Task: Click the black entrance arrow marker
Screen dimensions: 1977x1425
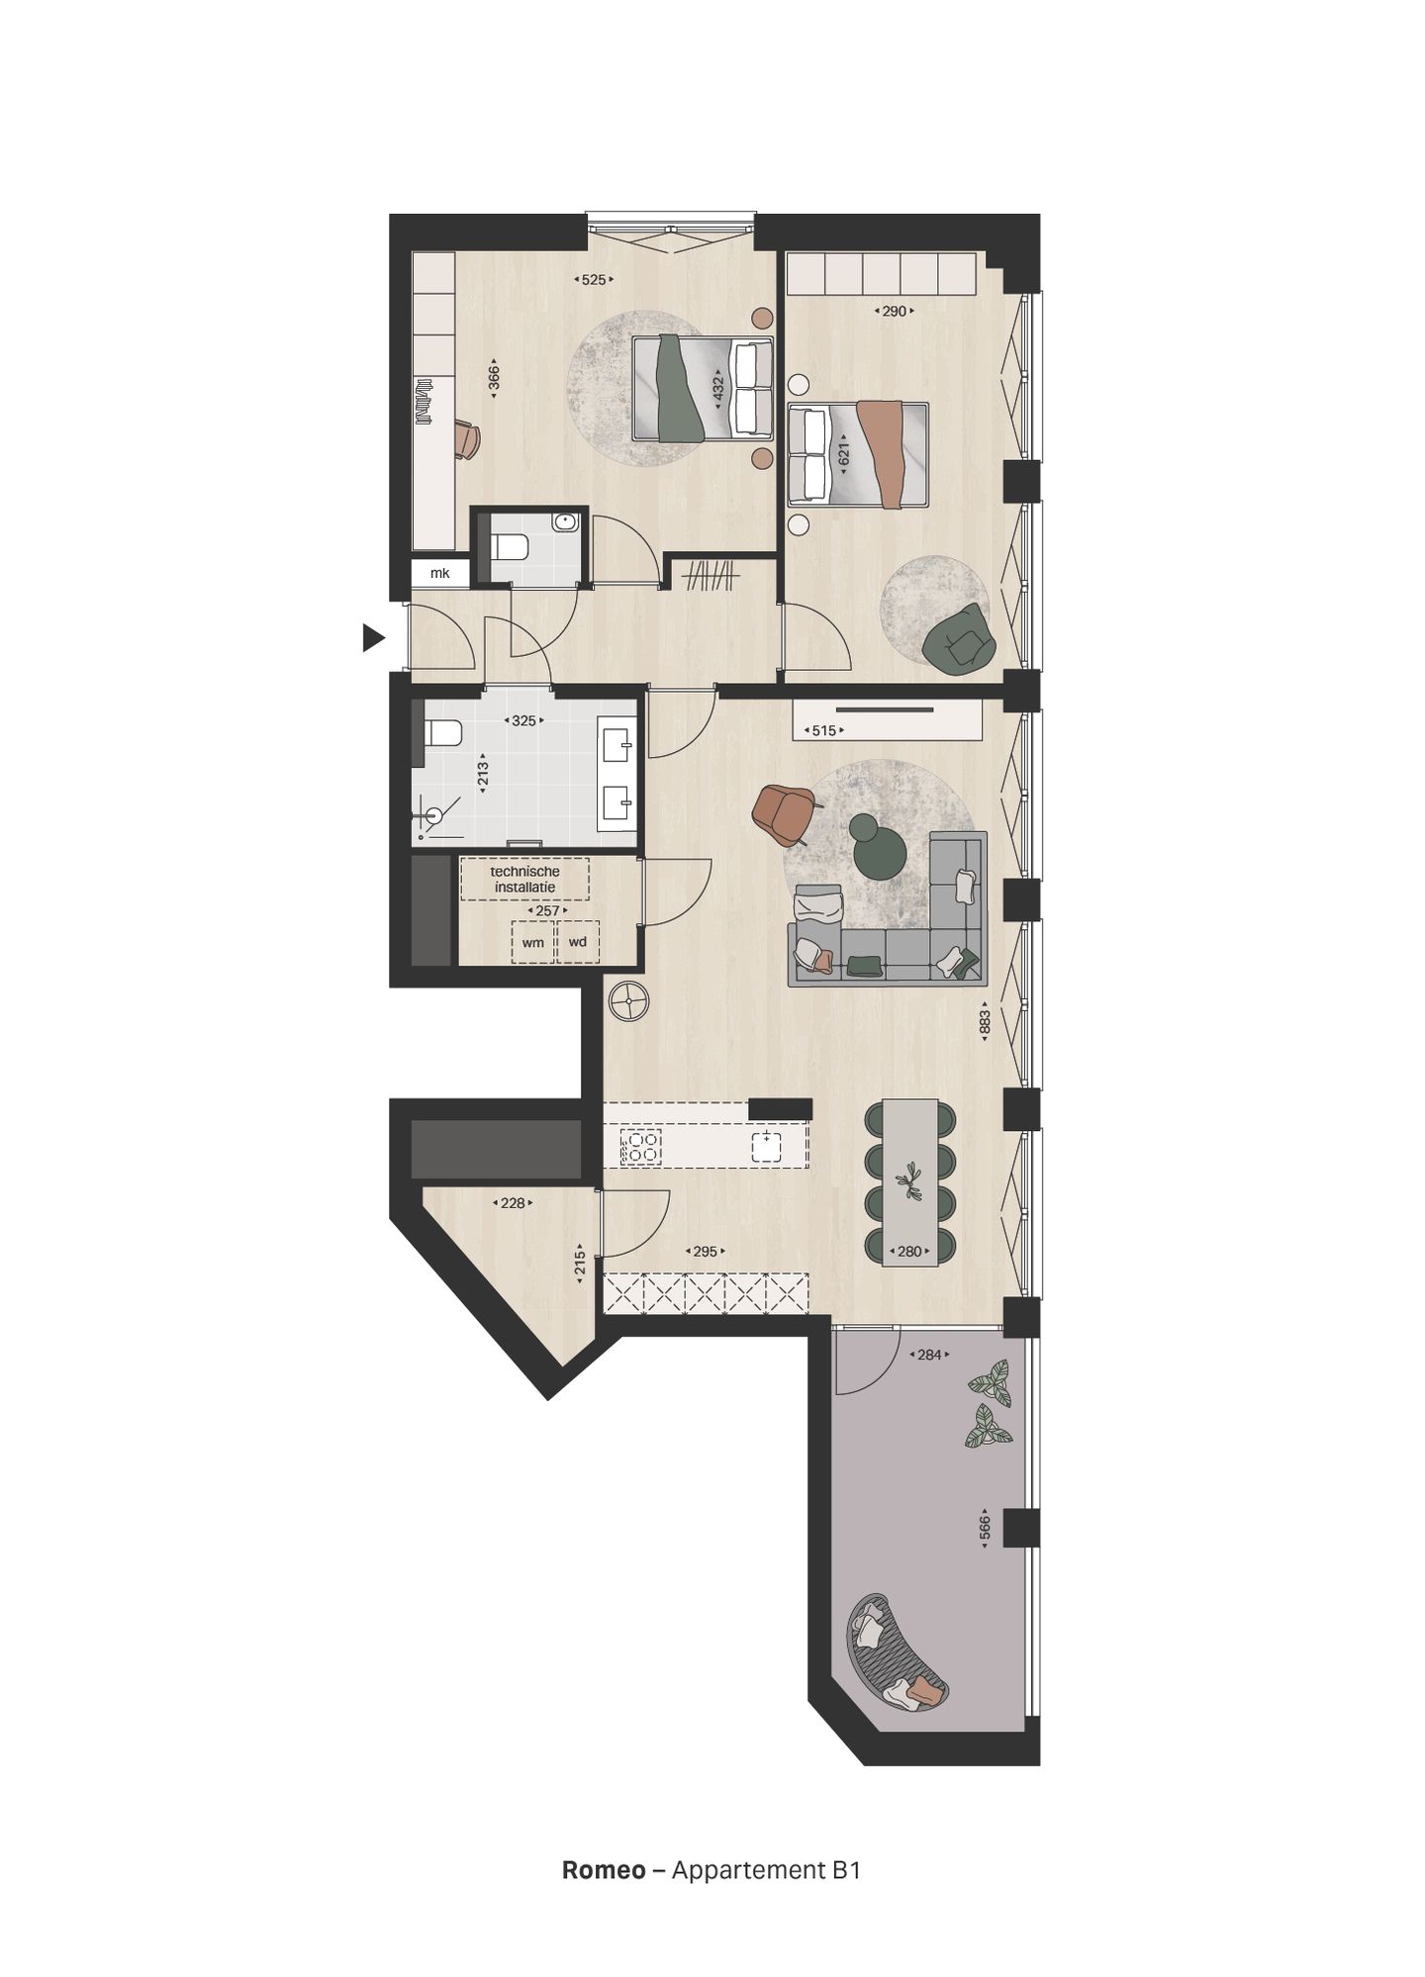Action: pyautogui.click(x=372, y=638)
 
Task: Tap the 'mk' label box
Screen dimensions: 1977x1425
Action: pyautogui.click(x=439, y=573)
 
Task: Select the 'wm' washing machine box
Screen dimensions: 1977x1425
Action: pyautogui.click(x=533, y=942)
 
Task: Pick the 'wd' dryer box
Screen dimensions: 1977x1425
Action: pyautogui.click(x=578, y=941)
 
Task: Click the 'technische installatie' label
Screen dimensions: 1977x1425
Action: pyautogui.click(x=524, y=879)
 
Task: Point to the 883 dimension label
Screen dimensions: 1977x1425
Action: pyautogui.click(x=985, y=1021)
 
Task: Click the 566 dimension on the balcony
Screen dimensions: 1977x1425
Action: pyautogui.click(x=985, y=1528)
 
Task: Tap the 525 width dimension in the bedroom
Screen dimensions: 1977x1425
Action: pyautogui.click(x=593, y=280)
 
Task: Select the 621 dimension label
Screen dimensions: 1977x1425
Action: pyautogui.click(x=844, y=454)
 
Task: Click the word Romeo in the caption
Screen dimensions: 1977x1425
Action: pyautogui.click(x=603, y=1870)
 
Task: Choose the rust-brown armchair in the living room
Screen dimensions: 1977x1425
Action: pyautogui.click(x=783, y=812)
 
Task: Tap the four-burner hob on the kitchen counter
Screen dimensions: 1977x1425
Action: pyautogui.click(x=640, y=1147)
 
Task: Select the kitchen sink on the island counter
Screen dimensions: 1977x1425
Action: pyautogui.click(x=766, y=1146)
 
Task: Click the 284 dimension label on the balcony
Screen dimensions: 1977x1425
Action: pyautogui.click(x=929, y=1355)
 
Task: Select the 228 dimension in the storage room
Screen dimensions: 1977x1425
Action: pyautogui.click(x=513, y=1203)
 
